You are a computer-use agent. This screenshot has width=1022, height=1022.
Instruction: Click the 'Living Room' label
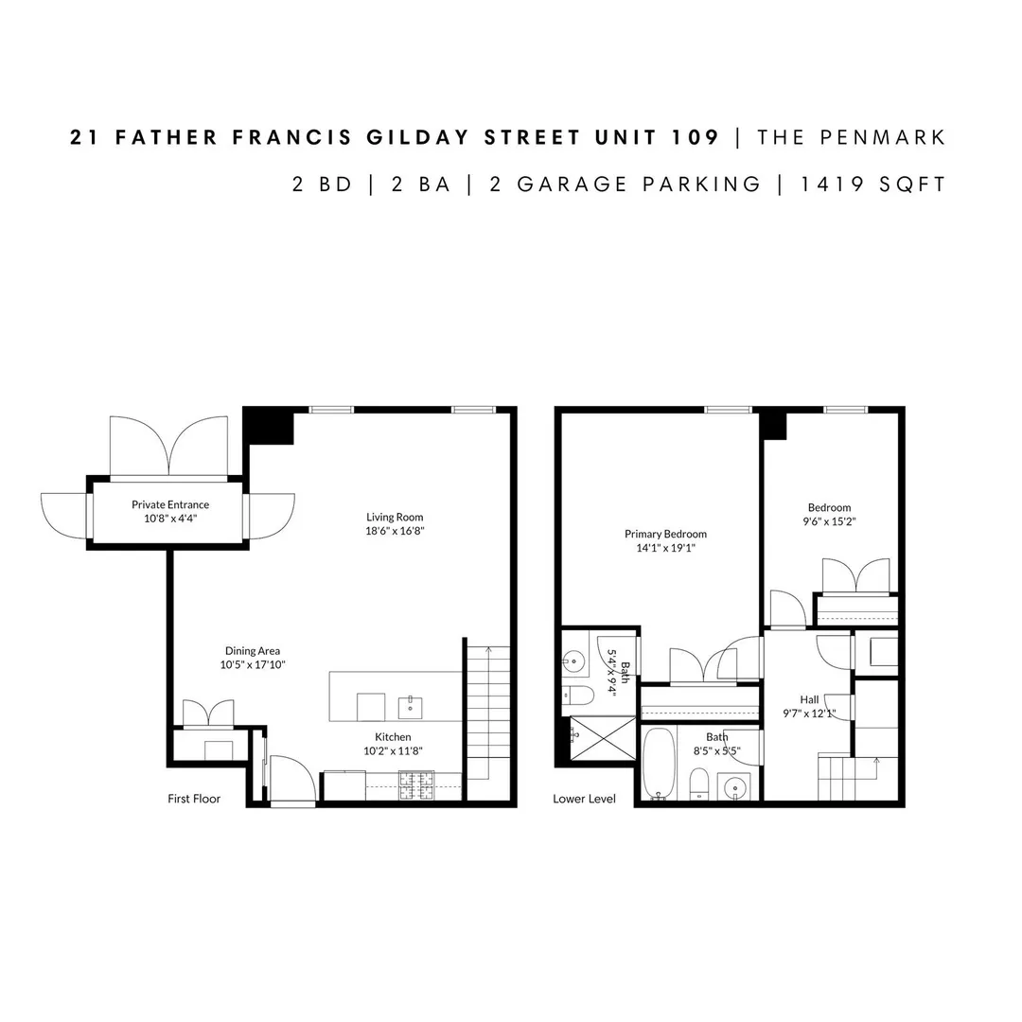click(x=395, y=517)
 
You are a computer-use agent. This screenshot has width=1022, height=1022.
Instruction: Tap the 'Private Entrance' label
click(x=170, y=504)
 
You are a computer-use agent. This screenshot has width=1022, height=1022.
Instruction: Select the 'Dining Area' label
click(x=253, y=650)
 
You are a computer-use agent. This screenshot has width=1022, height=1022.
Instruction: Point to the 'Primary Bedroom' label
click(x=665, y=534)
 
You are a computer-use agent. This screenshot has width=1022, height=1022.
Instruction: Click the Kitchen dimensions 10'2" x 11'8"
click(x=393, y=750)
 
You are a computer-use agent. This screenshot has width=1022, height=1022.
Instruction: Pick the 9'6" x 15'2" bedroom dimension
click(x=829, y=521)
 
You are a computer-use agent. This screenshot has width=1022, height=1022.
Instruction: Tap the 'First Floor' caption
click(x=194, y=799)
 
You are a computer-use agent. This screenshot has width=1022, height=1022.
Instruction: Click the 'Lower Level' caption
click(x=584, y=799)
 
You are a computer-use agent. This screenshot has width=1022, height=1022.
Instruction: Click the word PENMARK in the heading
click(x=883, y=137)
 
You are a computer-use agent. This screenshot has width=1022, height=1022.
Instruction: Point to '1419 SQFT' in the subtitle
click(x=873, y=185)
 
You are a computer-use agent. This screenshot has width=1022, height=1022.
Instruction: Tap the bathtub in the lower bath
click(x=659, y=764)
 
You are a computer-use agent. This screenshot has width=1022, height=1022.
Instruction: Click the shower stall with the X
click(x=603, y=738)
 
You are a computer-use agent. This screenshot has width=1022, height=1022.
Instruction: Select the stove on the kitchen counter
click(x=415, y=785)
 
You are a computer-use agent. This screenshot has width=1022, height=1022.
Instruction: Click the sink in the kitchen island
click(x=410, y=707)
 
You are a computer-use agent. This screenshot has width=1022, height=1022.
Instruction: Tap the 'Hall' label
click(x=809, y=699)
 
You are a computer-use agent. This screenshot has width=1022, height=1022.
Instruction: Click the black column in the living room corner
click(x=269, y=426)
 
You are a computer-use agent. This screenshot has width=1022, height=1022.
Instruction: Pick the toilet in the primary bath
click(x=578, y=696)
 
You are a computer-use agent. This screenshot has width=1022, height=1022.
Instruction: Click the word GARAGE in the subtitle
click(x=573, y=185)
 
